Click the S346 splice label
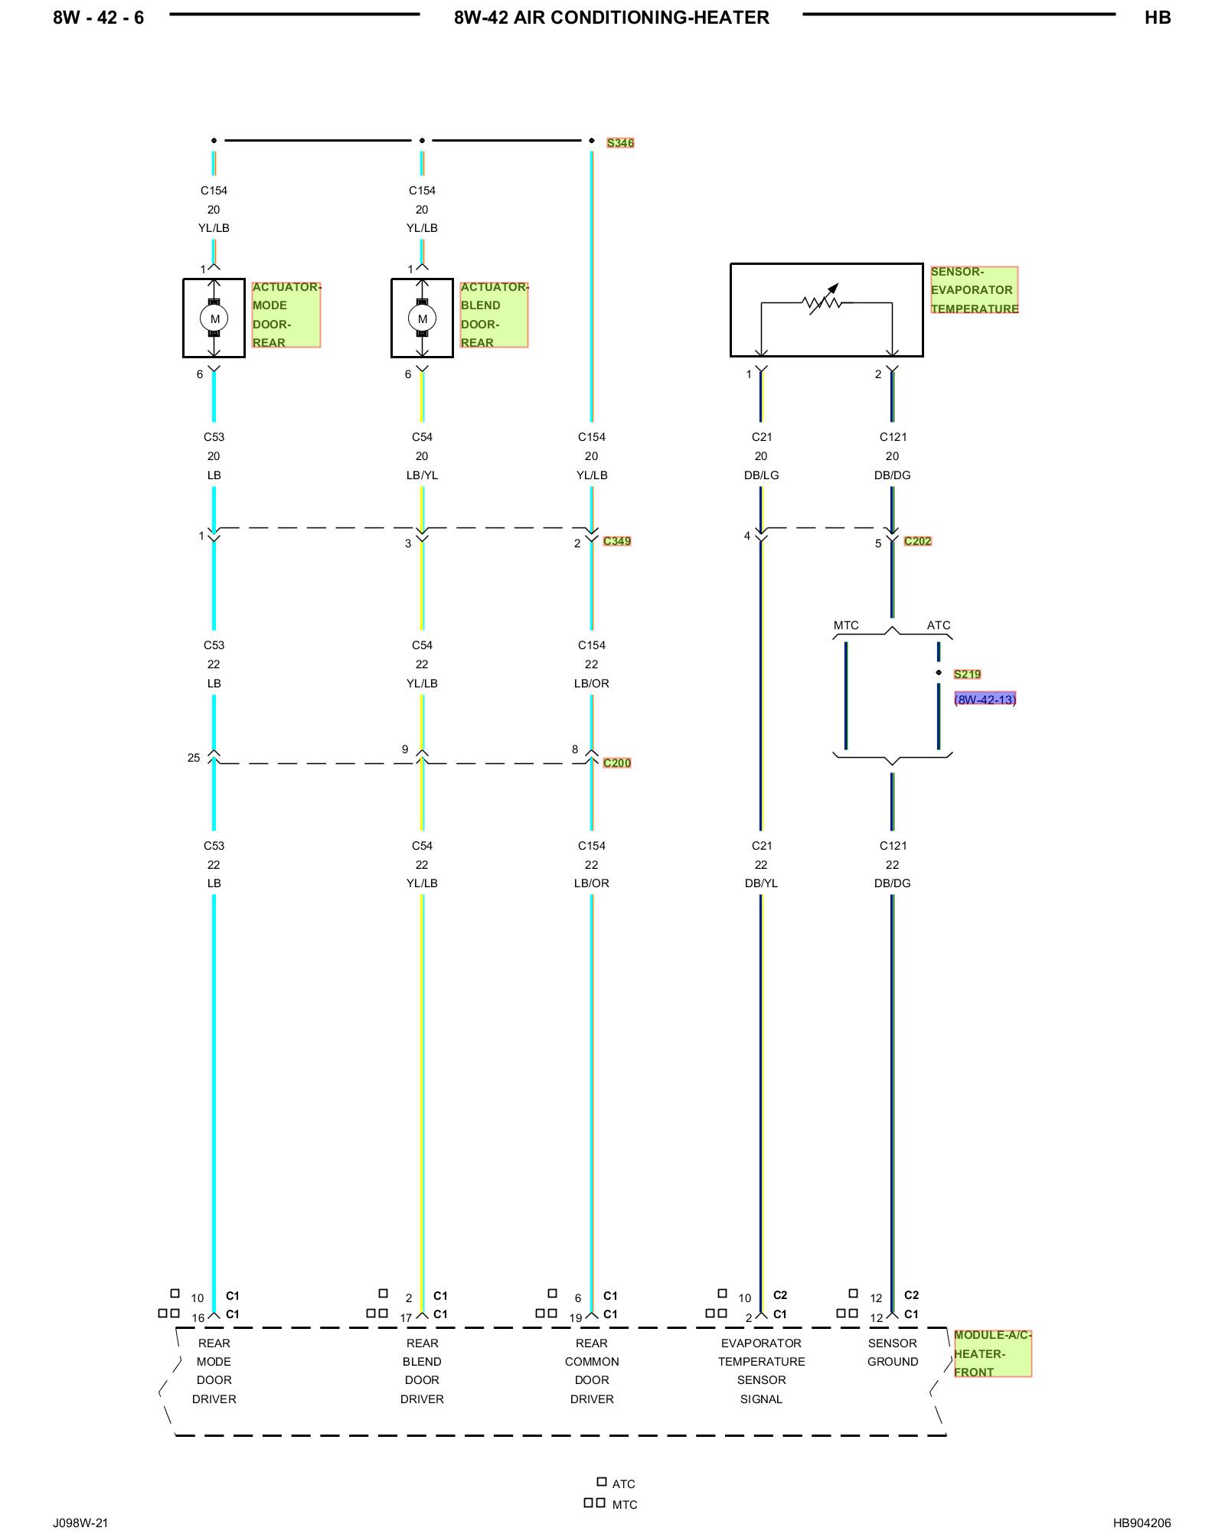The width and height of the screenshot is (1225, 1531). [620, 143]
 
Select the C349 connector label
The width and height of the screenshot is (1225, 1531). [617, 541]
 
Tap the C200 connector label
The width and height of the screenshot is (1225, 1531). [617, 763]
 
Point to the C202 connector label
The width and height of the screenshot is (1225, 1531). [917, 541]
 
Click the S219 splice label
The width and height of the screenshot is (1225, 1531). [967, 674]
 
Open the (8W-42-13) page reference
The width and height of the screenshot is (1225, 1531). [985, 700]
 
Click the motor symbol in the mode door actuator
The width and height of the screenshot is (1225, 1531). [214, 318]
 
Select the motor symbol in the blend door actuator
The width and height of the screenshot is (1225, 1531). [423, 318]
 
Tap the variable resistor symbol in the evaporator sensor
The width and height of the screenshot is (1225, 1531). [823, 302]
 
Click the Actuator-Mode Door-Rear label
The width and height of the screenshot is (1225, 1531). [286, 315]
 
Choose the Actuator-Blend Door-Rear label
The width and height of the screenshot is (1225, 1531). [495, 315]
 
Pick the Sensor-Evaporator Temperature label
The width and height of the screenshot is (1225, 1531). [974, 290]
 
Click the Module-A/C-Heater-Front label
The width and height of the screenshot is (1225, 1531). [992, 1353]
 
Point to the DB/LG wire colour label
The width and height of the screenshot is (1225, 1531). [761, 475]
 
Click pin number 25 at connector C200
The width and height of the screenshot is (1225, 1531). [194, 758]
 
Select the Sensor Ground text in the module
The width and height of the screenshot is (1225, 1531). [893, 1353]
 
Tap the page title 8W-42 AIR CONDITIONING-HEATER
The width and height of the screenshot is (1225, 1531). [612, 18]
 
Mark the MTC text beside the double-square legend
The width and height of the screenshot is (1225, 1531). [625, 1505]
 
